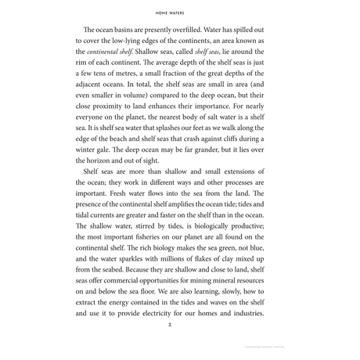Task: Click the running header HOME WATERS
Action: click(x=179, y=13)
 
